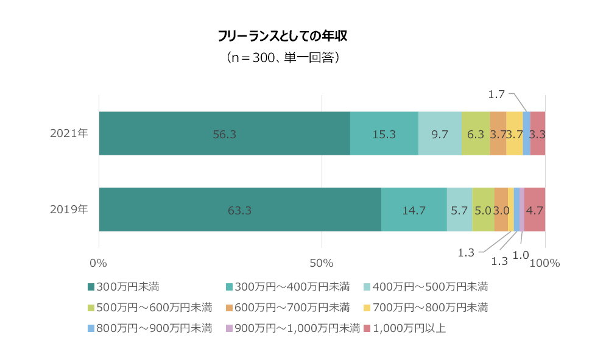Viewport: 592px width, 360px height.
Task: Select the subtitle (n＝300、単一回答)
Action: (x=283, y=58)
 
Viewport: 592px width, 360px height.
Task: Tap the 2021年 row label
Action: (x=69, y=133)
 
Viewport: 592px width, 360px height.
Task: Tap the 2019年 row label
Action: (x=69, y=209)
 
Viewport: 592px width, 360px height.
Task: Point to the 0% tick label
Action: (x=98, y=263)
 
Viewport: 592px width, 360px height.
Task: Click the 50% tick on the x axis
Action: (x=321, y=263)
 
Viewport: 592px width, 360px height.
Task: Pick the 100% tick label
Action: (x=544, y=263)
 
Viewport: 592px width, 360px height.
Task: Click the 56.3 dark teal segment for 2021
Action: (x=224, y=134)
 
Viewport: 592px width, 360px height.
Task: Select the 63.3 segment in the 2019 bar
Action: (x=239, y=210)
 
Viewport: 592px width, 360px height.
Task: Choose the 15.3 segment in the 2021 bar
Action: (x=384, y=134)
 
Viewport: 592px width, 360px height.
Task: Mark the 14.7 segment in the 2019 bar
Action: (x=414, y=210)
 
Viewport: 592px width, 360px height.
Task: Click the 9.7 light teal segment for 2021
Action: (x=440, y=134)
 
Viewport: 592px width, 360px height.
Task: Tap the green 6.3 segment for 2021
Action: (x=475, y=134)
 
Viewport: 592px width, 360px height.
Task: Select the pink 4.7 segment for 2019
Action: (x=535, y=210)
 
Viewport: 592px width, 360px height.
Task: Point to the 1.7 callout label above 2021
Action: (x=496, y=94)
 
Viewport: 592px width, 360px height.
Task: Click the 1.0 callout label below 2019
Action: (x=521, y=255)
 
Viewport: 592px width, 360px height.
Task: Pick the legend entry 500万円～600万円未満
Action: (x=154, y=307)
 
